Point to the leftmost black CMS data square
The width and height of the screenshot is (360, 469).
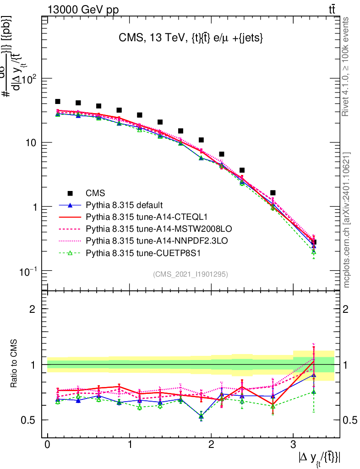pyautogui.click(x=58, y=102)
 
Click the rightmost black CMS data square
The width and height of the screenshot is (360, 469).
pyautogui.click(x=314, y=242)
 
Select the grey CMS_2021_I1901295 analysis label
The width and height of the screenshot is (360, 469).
pyautogui.click(x=191, y=274)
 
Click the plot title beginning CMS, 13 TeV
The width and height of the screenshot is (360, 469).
pyautogui.click(x=191, y=39)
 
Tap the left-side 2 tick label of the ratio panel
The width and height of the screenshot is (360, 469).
pyautogui.click(x=34, y=309)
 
